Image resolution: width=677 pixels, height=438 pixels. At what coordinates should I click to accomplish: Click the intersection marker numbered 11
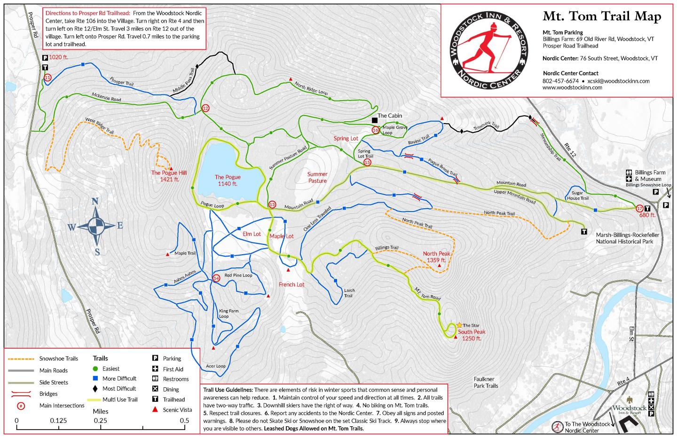pos(47,78)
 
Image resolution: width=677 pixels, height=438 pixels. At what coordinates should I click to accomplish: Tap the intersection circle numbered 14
pos(216,278)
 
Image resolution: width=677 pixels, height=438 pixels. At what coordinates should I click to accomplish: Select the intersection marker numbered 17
pos(639,208)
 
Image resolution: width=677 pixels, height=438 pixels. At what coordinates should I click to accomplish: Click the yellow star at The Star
pos(459,325)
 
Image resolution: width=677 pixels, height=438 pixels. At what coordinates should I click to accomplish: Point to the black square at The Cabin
pos(374,120)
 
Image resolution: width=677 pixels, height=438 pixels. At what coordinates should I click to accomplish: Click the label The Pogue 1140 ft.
pos(228,180)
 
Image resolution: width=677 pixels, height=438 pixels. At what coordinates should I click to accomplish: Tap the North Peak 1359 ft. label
pos(436,257)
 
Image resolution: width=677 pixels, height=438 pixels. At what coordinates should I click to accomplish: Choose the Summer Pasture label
pos(317,177)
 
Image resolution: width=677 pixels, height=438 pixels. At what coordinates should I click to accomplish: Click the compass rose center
pos(96,227)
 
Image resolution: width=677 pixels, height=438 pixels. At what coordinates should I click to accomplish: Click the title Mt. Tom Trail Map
pos(602,16)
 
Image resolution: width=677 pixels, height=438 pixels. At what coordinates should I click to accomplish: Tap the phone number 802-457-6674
pos(560,81)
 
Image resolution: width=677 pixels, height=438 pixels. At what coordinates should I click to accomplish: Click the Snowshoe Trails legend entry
pos(59,359)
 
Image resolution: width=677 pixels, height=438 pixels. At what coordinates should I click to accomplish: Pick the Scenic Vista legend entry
pos(177,410)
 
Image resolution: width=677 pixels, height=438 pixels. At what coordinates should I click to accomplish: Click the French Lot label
pos(291,285)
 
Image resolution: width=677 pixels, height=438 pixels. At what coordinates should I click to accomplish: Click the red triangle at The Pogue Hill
pos(171,168)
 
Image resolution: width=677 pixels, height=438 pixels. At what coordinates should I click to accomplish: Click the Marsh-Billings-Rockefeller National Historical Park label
pos(627,238)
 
